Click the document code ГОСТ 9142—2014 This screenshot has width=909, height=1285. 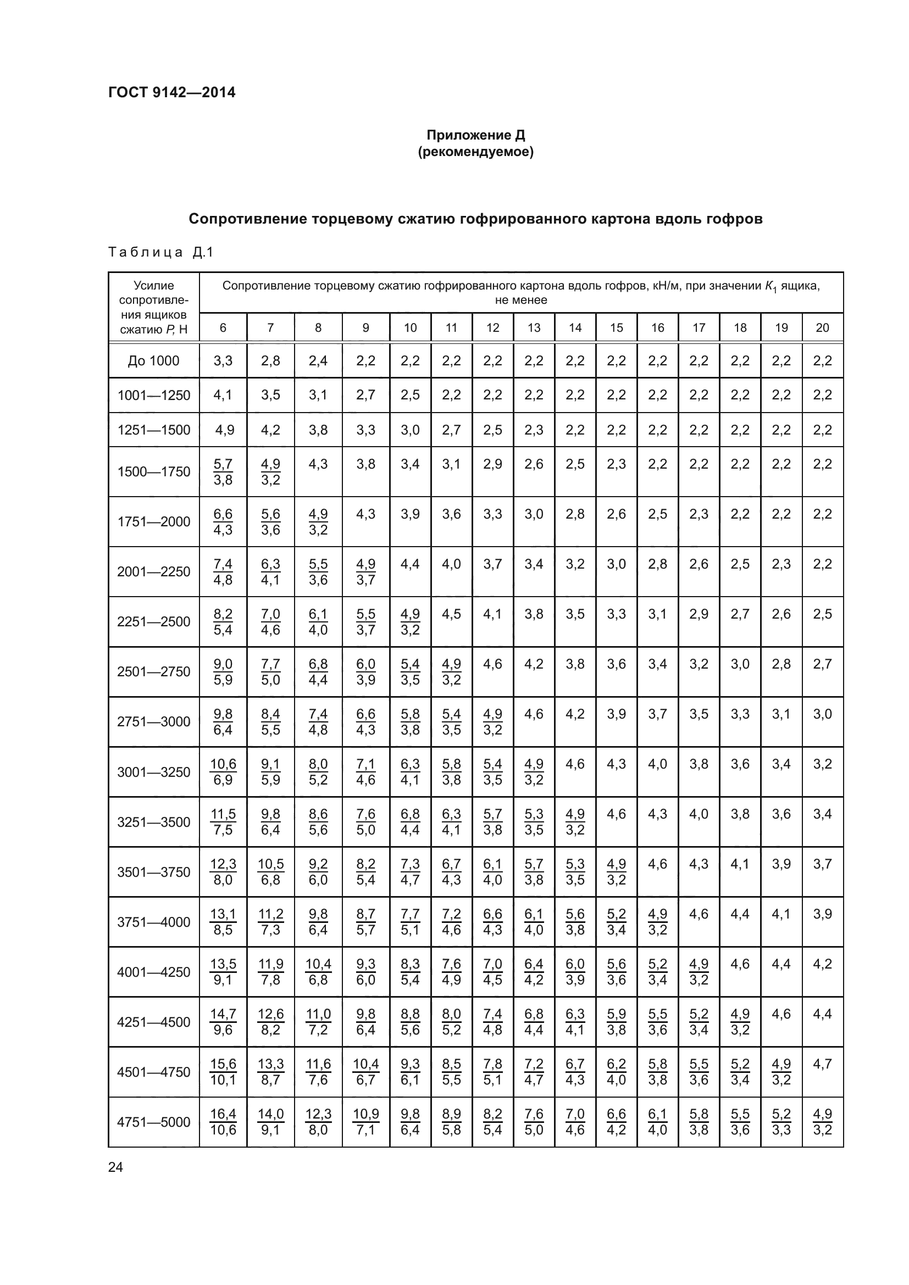(172, 92)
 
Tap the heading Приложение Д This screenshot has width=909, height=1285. (476, 135)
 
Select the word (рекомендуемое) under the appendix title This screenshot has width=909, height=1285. (476, 152)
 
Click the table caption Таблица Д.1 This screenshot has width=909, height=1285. (160, 252)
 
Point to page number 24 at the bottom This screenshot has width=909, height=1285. (115, 1167)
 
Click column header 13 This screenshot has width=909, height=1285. (534, 327)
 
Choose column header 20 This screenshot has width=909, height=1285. (822, 327)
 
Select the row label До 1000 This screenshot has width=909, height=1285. (153, 361)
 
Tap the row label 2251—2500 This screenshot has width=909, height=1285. (153, 622)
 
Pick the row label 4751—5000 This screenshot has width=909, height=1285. (153, 1122)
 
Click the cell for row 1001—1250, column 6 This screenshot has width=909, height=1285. (223, 395)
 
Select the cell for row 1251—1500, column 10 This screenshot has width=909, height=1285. (411, 430)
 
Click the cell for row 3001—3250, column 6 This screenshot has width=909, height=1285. (223, 772)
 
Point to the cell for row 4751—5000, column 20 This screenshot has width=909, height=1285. (822, 1122)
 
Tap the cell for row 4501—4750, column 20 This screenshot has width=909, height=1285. (822, 1064)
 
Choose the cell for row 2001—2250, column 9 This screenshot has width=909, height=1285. (365, 571)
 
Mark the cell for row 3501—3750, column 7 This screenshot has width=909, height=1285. (270, 872)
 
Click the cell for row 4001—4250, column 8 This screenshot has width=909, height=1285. (318, 972)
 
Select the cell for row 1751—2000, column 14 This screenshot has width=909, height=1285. (575, 514)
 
